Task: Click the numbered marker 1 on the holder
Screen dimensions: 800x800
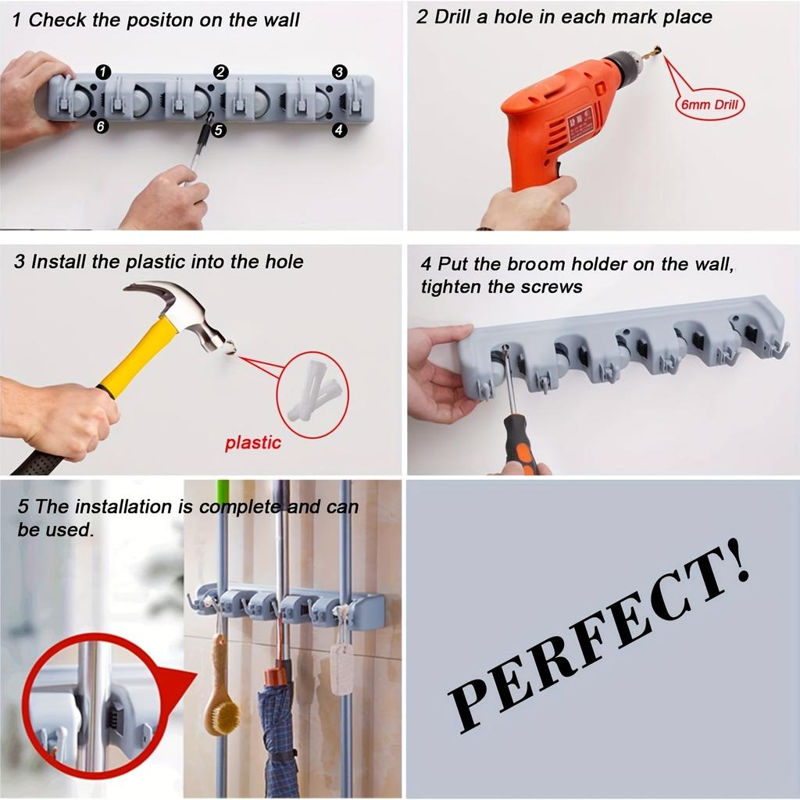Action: click(102, 73)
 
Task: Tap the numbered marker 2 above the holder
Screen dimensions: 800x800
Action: click(221, 73)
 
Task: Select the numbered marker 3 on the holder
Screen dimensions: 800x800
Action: click(339, 72)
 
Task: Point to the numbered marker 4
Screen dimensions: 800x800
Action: click(339, 130)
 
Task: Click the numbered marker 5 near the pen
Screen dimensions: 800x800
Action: click(219, 130)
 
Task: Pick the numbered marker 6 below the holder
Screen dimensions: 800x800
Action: click(101, 127)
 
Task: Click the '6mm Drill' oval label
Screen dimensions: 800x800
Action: click(709, 104)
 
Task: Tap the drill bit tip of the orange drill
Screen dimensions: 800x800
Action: click(657, 52)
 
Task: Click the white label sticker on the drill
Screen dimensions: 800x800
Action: click(580, 123)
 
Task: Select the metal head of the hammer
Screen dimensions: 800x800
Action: click(187, 312)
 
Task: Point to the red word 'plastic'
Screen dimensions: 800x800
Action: click(252, 444)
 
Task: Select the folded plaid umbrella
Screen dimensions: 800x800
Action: click(279, 727)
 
